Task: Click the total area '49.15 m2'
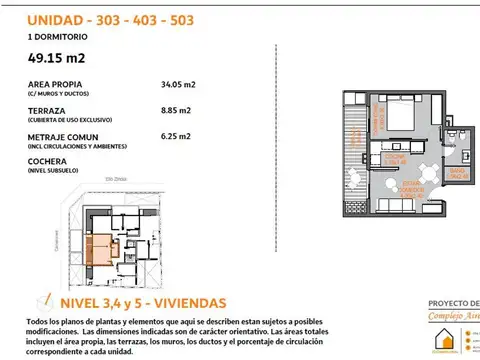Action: pos(58,57)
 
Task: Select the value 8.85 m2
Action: pos(177,113)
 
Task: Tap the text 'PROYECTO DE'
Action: pos(453,303)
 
